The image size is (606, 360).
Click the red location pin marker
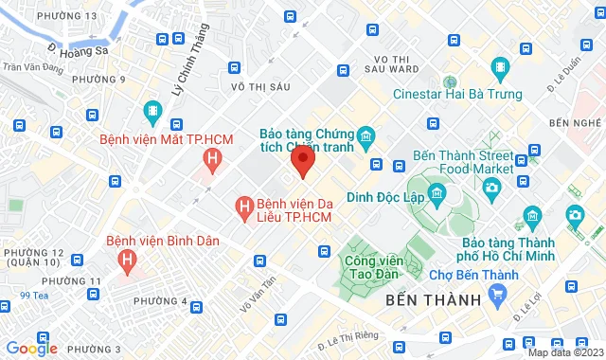click(302, 160)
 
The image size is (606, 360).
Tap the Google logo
click(31, 348)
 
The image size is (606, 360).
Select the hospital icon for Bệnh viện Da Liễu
click(244, 205)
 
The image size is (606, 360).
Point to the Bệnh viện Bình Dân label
click(163, 241)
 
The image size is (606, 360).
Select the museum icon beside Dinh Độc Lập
click(437, 196)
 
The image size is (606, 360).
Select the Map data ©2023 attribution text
click(564, 352)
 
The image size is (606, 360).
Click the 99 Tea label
click(42, 295)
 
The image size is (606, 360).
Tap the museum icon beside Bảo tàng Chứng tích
click(365, 136)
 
